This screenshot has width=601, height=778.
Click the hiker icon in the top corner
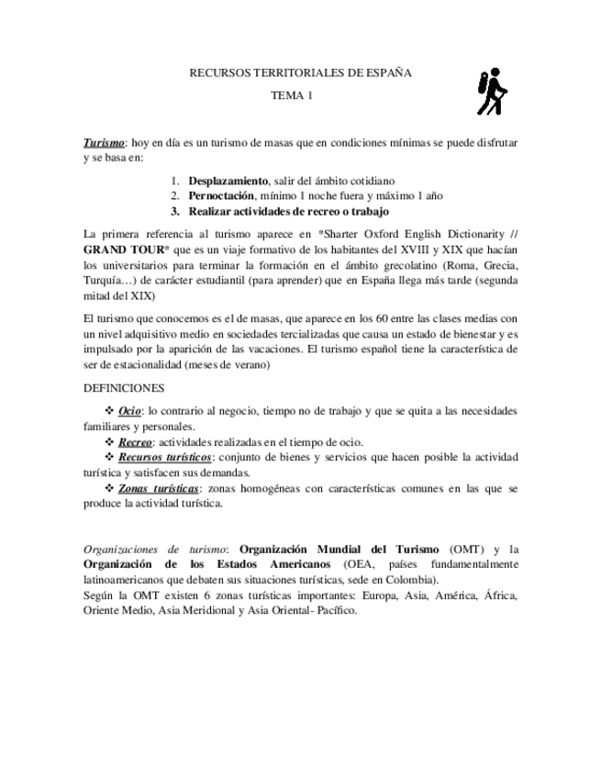[492, 92]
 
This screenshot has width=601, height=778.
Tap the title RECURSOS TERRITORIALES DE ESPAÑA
[300, 72]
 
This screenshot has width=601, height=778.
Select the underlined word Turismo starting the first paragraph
[104, 143]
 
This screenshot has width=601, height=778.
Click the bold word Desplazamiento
[228, 181]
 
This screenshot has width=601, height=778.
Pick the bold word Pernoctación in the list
[223, 196]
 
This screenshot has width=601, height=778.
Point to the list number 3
[174, 211]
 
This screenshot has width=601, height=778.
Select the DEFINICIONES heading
[123, 388]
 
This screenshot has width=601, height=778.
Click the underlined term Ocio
[130, 411]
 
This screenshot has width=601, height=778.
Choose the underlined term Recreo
[135, 442]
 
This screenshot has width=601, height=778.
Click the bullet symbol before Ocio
[110, 411]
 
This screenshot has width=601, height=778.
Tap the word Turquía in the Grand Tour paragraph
[106, 282]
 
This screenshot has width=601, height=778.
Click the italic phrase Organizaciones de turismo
[154, 550]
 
